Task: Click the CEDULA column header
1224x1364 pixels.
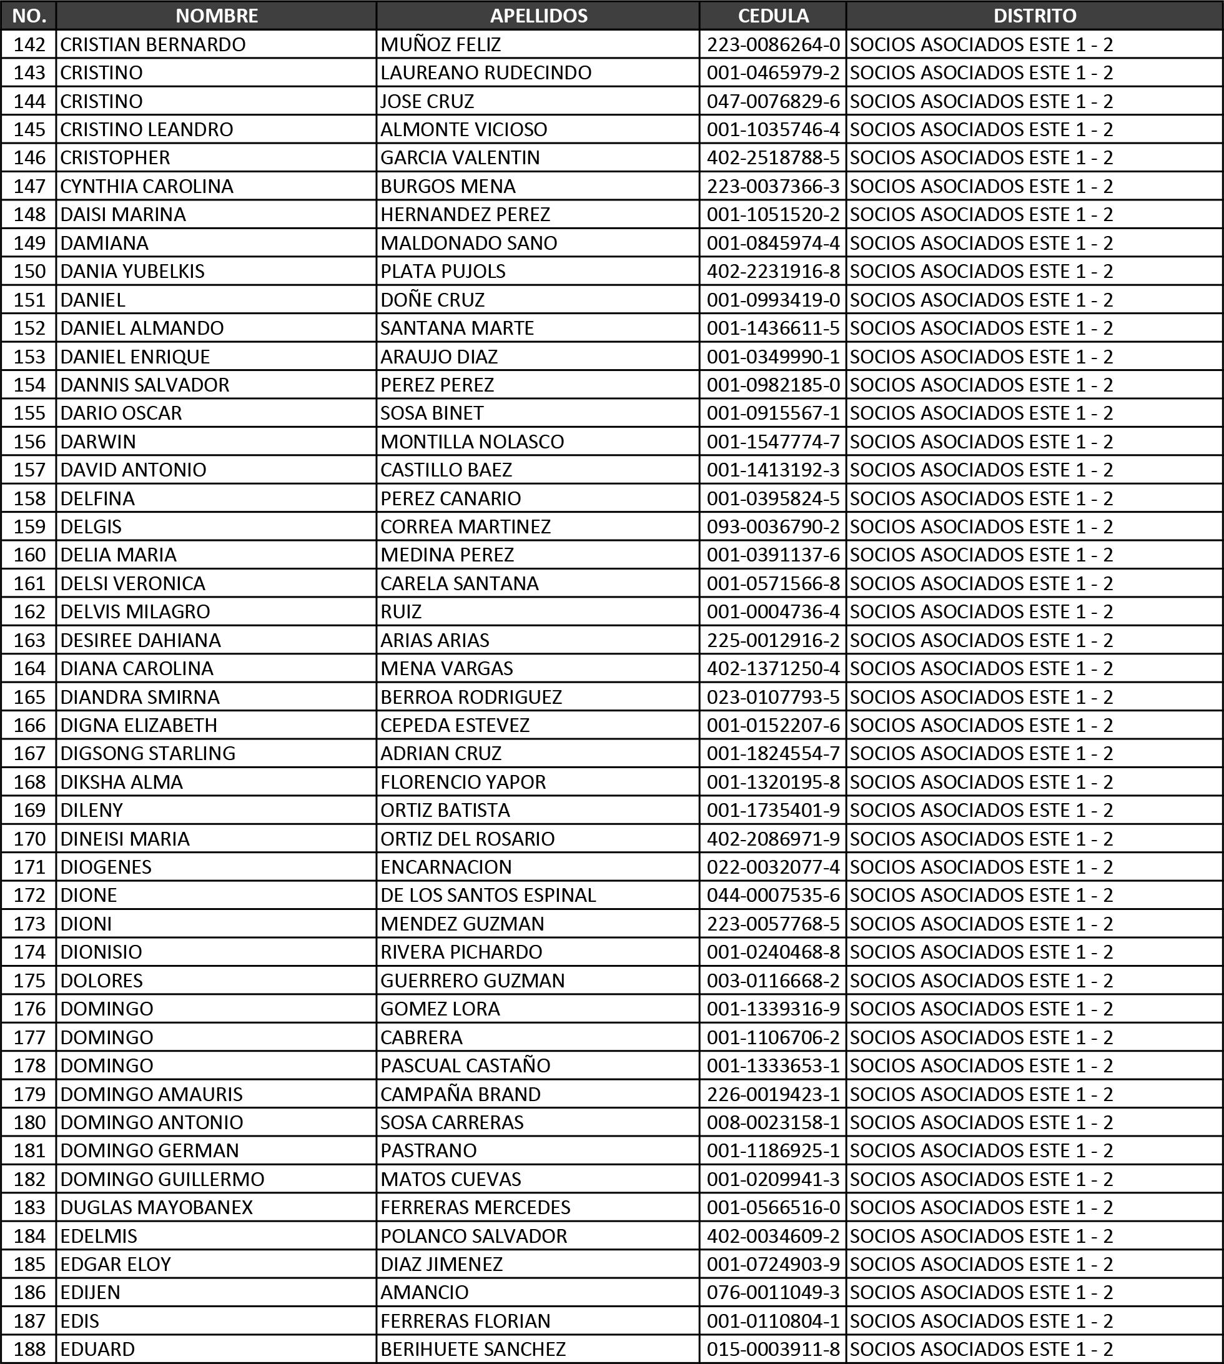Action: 772,16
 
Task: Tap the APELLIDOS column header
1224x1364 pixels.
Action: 538,16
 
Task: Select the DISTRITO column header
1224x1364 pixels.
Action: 1034,16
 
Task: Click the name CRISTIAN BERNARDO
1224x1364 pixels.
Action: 152,44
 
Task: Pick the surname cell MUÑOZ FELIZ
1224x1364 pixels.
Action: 440,44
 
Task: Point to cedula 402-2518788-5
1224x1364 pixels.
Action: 772,157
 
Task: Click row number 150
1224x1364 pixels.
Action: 29,271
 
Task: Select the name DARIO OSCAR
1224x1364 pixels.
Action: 121,413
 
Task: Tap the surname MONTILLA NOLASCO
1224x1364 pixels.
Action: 472,441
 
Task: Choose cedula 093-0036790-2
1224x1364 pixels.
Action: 772,526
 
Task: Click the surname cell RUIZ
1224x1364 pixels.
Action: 401,611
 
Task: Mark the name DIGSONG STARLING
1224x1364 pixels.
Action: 148,753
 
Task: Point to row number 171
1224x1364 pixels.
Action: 29,867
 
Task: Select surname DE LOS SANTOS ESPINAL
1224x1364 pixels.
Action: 488,895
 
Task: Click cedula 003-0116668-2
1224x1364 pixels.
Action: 772,981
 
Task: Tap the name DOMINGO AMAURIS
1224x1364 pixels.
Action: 151,1094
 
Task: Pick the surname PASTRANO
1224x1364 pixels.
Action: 428,1151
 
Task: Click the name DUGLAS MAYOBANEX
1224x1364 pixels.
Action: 157,1207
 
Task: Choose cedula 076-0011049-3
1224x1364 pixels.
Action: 772,1292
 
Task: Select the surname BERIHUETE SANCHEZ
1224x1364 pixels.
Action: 473,1349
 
